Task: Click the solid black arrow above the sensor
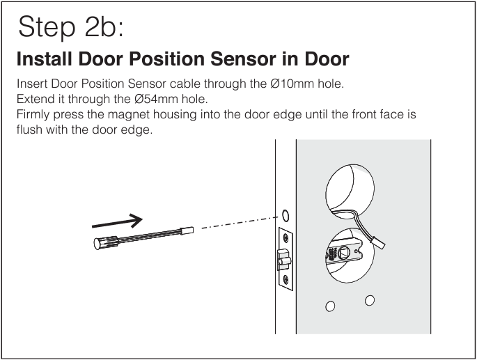click(x=117, y=221)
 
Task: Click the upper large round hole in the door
click(x=350, y=188)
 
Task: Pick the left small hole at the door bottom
click(x=330, y=306)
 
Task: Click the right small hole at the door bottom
click(x=370, y=300)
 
